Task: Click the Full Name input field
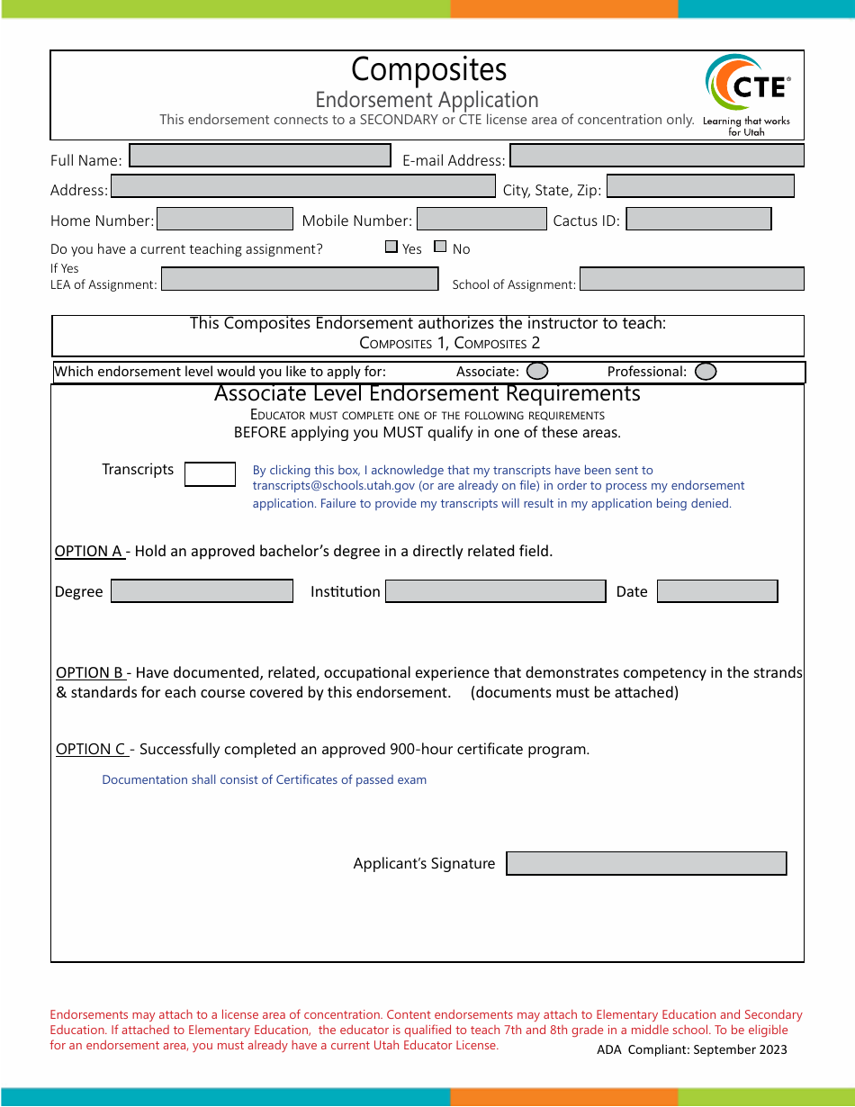(260, 156)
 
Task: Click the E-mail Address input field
(656, 156)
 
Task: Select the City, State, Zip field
(700, 186)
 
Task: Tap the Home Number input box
(225, 219)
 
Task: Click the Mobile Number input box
(481, 219)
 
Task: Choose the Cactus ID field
(698, 219)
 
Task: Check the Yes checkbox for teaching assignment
(391, 247)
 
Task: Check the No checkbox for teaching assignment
(440, 247)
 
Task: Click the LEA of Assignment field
(300, 279)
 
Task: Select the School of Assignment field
(691, 279)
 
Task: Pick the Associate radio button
(537, 371)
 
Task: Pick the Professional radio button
(706, 371)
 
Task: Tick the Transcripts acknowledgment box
(210, 474)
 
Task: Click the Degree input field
(202, 591)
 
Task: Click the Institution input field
(495, 591)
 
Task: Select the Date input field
(717, 591)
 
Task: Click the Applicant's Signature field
(646, 863)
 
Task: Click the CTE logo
(746, 93)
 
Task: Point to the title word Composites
(428, 69)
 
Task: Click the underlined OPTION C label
(91, 749)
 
